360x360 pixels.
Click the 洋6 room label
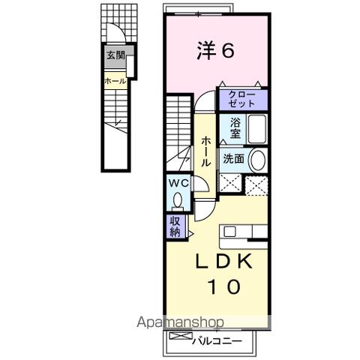217,51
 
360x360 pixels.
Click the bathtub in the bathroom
256,130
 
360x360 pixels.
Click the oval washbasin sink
256,160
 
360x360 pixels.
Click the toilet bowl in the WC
178,201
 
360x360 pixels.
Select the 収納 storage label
174,226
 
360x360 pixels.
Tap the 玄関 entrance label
115,55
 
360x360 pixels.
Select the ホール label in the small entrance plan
115,79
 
